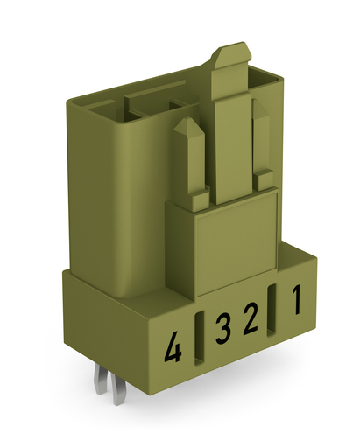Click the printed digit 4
pos(173,348)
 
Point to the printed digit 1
pos(296,300)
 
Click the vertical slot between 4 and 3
pos(199,339)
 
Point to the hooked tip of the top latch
pos(232,52)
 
